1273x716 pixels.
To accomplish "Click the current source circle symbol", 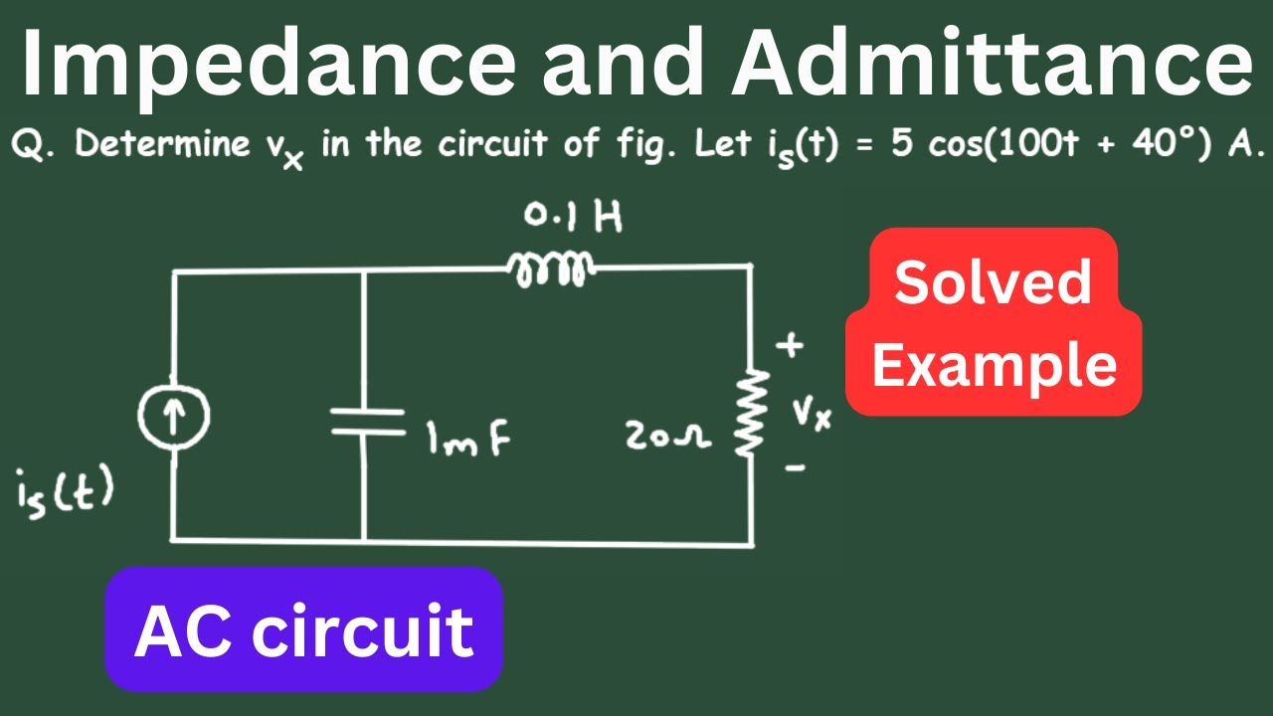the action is (x=174, y=416).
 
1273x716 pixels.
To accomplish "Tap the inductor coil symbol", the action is (x=550, y=268).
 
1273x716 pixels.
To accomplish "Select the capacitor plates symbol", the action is (x=368, y=422).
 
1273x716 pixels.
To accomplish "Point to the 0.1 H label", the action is (x=573, y=217).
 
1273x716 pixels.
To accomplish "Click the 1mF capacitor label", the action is (x=468, y=439).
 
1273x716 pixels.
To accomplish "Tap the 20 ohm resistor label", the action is (x=667, y=437).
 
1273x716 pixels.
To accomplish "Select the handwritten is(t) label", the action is (x=65, y=493).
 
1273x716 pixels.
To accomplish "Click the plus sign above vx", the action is (x=790, y=344).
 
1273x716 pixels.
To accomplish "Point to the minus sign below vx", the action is (x=796, y=468).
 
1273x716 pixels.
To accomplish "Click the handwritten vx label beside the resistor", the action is (x=813, y=414).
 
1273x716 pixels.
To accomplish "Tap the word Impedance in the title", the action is (x=269, y=63).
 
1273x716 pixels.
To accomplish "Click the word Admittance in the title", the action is (x=992, y=62).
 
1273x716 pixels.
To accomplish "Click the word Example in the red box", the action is (x=995, y=366).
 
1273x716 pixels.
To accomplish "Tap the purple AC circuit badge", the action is (x=304, y=629).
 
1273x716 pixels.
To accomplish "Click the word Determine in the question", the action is (x=162, y=142).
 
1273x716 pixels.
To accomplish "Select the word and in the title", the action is (x=623, y=63).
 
